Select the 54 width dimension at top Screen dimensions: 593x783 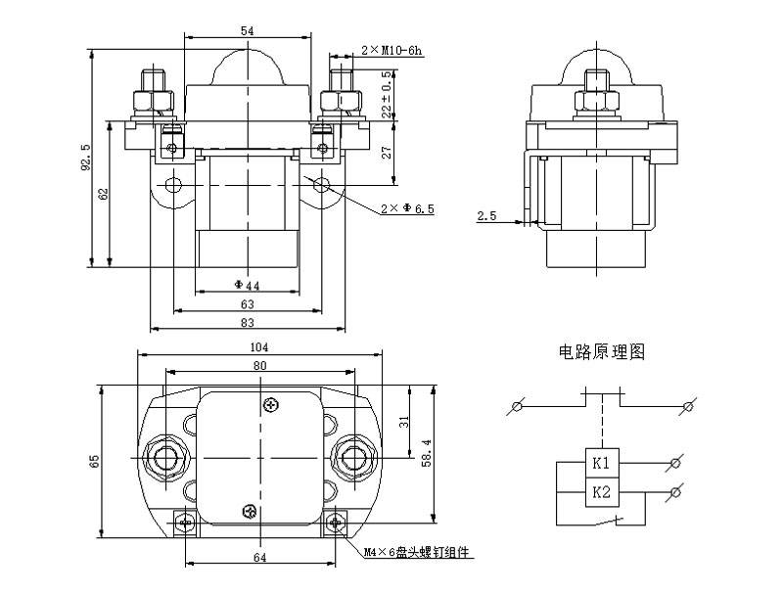(x=247, y=31)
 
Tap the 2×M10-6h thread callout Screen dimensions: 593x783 (x=391, y=48)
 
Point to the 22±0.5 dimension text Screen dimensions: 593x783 (x=388, y=95)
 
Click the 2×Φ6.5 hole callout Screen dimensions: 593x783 (x=406, y=209)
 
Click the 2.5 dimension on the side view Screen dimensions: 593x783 (x=486, y=215)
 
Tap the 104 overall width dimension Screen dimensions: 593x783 (x=258, y=346)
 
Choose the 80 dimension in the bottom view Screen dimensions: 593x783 (x=259, y=365)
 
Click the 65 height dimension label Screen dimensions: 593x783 (x=94, y=460)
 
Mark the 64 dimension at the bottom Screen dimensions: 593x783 (x=259, y=557)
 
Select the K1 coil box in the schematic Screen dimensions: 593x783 (x=601, y=461)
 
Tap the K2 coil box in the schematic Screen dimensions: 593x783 (x=601, y=492)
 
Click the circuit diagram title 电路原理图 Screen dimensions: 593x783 (x=601, y=352)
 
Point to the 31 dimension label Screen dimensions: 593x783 (x=405, y=422)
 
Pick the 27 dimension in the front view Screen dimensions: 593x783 (x=388, y=153)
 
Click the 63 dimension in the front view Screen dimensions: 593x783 (x=247, y=304)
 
